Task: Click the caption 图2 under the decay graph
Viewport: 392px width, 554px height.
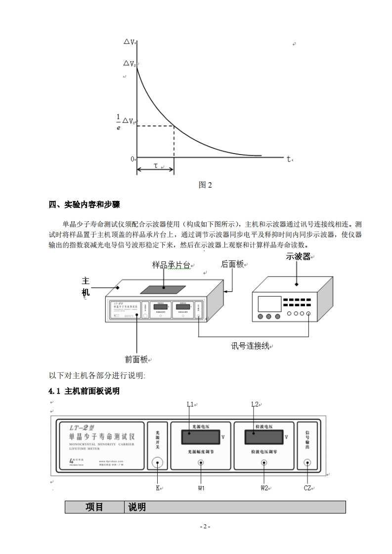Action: pyautogui.click(x=205, y=185)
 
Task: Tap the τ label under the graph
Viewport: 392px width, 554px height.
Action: pyautogui.click(x=155, y=166)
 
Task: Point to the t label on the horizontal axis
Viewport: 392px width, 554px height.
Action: pyautogui.click(x=289, y=159)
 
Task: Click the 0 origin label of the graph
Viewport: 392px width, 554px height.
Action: pyautogui.click(x=132, y=159)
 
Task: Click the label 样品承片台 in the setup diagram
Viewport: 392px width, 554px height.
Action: pyautogui.click(x=171, y=265)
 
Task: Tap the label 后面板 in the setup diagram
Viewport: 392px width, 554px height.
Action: pyautogui.click(x=232, y=264)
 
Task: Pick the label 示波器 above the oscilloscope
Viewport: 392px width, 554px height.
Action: pyautogui.click(x=298, y=257)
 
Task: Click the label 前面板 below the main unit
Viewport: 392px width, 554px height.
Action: pyautogui.click(x=136, y=359)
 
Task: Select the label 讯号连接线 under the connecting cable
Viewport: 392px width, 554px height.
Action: pyautogui.click(x=250, y=346)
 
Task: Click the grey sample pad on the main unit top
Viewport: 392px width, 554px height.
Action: pyautogui.click(x=163, y=290)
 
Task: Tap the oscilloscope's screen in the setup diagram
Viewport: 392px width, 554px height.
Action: pyautogui.click(x=269, y=304)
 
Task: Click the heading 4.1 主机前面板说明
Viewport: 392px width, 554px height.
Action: pyautogui.click(x=84, y=391)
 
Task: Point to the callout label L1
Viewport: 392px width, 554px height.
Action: pyautogui.click(x=190, y=405)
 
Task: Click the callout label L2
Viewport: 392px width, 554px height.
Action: pyautogui.click(x=255, y=405)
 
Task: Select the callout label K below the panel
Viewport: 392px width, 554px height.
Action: pyautogui.click(x=158, y=488)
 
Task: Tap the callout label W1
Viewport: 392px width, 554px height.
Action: pyautogui.click(x=201, y=488)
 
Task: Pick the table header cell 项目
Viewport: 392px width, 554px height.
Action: pyautogui.click(x=94, y=507)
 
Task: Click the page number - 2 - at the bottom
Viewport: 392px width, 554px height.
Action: pyautogui.click(x=205, y=527)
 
